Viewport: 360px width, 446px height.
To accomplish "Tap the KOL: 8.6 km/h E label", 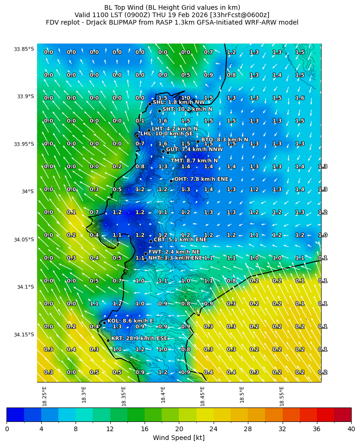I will point(130,321).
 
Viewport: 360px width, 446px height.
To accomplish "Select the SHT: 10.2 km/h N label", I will point(187,109).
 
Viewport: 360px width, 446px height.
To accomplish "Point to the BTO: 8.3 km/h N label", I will point(224,140).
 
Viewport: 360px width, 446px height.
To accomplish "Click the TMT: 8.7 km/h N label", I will point(194,161).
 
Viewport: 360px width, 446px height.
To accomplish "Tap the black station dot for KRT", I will point(108,340).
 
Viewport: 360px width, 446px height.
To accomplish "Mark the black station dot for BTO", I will point(198,141).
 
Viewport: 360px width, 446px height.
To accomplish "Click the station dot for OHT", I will point(171,181).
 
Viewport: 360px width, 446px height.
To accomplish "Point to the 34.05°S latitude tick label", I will point(24,240).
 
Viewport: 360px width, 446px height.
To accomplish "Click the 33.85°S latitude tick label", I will point(24,49).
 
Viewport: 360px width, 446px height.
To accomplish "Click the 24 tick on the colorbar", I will point(213,429).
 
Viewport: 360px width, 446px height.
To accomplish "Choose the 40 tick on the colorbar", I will point(351,429).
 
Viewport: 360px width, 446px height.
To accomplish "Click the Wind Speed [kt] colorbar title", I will point(179,438).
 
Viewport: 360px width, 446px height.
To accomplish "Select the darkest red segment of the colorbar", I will point(342,414).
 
